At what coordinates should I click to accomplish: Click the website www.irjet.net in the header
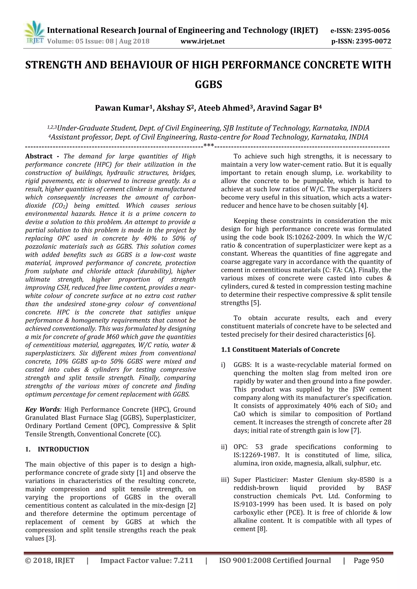tap(203, 41)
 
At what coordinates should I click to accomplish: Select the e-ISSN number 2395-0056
tap(372, 31)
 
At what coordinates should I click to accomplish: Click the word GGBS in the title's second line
tap(208, 84)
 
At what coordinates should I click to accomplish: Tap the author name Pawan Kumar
tap(122, 108)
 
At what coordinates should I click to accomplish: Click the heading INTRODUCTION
tap(63, 456)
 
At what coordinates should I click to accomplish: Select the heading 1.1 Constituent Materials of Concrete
tap(280, 350)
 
